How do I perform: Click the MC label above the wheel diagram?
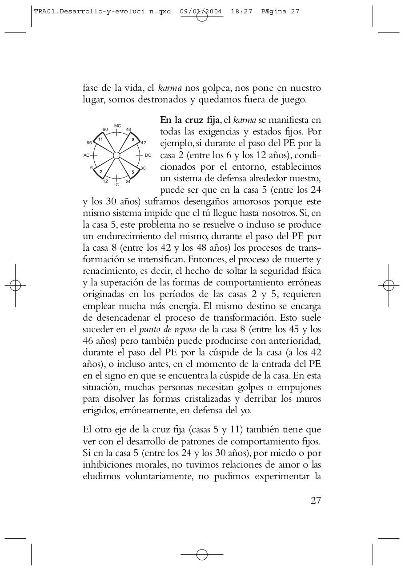click(x=117, y=126)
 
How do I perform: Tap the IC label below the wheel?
click(x=116, y=184)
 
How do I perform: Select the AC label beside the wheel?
click(x=86, y=155)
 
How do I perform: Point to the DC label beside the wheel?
click(x=148, y=155)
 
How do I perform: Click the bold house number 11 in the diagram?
click(x=101, y=139)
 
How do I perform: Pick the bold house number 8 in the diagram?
click(x=133, y=139)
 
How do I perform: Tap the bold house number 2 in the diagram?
click(x=101, y=171)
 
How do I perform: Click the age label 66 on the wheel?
click(x=89, y=143)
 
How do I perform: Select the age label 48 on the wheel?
click(x=128, y=130)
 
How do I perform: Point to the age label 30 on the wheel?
click(x=143, y=168)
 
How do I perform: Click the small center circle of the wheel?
click(x=116, y=155)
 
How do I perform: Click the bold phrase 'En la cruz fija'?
click(x=189, y=120)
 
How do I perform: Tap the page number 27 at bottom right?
click(x=316, y=500)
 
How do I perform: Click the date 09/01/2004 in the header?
click(x=201, y=12)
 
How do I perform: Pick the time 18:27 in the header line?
click(x=241, y=12)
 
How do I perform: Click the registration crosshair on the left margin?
click(x=16, y=285)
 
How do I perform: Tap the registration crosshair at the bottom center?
click(x=202, y=554)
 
